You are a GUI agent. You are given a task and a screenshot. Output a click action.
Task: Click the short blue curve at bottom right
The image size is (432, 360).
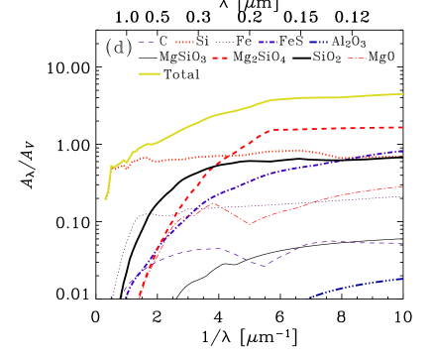point(357,286)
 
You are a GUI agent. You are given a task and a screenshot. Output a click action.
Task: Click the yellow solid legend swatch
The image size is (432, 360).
point(149,73)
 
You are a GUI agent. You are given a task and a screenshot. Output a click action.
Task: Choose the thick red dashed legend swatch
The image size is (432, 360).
point(220,59)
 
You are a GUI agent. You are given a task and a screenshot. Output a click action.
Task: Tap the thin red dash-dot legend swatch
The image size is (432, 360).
point(357,59)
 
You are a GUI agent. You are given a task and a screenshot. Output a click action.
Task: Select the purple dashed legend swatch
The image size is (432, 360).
point(147,43)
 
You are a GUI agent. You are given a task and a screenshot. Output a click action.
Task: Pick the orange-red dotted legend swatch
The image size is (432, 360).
point(184,43)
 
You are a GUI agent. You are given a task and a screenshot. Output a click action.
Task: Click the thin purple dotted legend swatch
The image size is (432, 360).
point(224,43)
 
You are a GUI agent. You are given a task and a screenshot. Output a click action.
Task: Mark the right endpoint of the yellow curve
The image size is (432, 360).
point(402,94)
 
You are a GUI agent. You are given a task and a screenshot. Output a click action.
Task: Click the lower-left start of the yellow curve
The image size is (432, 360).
point(106,199)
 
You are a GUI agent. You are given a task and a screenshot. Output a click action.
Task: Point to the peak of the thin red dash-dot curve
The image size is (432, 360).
point(215,203)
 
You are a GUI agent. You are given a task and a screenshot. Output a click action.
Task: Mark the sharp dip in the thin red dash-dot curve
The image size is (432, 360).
point(251,224)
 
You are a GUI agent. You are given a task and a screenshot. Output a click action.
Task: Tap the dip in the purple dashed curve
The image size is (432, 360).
point(264,266)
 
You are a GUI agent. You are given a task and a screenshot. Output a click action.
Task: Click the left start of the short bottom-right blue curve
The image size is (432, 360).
point(307,299)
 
